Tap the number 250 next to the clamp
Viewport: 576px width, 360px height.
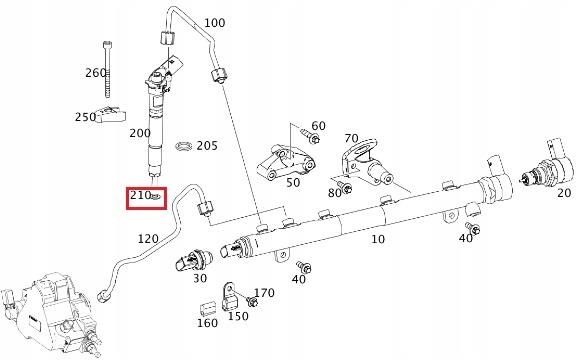click(85, 117)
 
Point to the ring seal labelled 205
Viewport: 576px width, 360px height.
click(182, 146)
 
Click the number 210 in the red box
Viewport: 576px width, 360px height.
click(139, 196)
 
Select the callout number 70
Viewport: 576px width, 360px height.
click(351, 138)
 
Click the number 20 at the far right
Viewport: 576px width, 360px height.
click(564, 193)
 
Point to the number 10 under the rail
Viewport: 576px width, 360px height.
click(377, 241)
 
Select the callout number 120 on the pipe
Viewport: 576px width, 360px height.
click(148, 239)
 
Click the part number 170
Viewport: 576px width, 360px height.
click(264, 293)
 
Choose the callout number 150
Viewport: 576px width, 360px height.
click(238, 316)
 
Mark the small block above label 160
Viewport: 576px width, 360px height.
click(208, 305)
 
